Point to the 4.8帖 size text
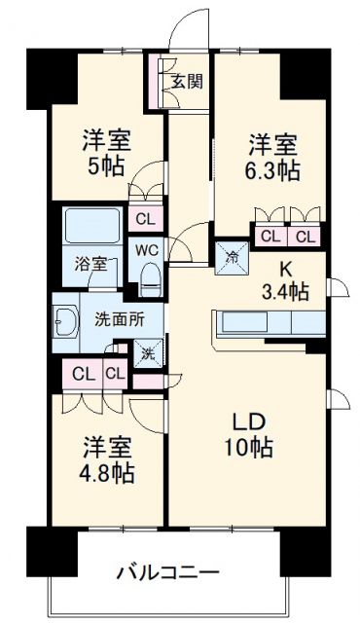[108, 475]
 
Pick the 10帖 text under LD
[246, 449]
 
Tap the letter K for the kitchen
[286, 267]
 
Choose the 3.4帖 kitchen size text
[286, 290]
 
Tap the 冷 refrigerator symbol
[233, 258]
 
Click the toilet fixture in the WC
[149, 279]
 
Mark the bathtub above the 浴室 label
[92, 228]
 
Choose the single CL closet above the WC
[144, 218]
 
